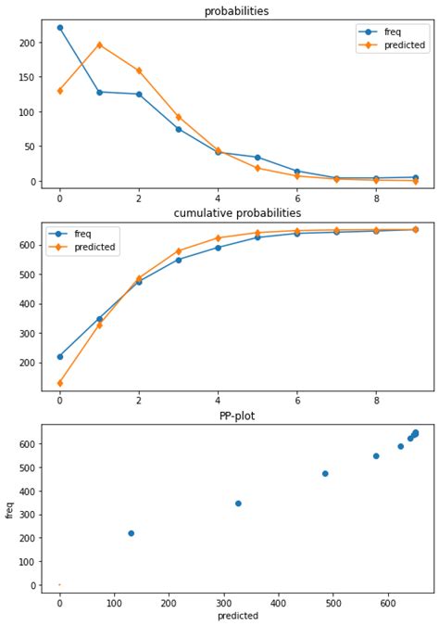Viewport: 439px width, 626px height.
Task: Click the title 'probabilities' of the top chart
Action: [x=237, y=11]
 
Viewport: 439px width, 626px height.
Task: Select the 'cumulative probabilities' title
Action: [x=237, y=213]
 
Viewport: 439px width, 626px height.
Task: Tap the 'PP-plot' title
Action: [x=237, y=416]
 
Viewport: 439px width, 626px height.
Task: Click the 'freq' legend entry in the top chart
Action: [x=393, y=32]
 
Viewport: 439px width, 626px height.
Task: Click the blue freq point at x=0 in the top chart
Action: [x=60, y=28]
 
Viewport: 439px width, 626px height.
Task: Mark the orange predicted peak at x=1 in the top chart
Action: [x=99, y=45]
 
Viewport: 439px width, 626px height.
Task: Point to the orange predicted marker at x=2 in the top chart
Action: [x=139, y=70]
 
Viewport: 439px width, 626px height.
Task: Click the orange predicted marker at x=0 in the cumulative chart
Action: [x=60, y=383]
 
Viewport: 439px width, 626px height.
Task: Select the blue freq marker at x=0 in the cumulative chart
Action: [x=60, y=356]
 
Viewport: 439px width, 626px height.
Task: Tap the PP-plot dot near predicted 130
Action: [x=131, y=533]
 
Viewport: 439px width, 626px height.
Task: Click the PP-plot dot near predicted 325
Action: [x=238, y=504]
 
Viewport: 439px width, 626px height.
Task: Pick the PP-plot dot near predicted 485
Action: [x=325, y=473]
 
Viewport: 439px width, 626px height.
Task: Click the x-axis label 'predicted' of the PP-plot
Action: [x=237, y=616]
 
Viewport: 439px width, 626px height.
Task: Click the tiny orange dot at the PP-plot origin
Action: [x=60, y=585]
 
